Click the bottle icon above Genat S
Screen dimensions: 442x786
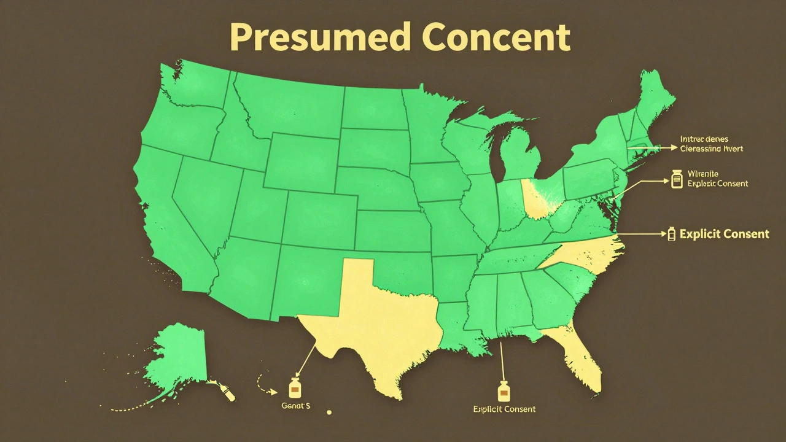[295, 388]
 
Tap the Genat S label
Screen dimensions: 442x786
[295, 406]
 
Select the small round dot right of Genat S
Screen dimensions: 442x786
[329, 412]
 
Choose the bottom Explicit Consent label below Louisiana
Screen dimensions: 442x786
[504, 409]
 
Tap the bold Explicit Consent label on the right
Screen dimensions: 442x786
[725, 234]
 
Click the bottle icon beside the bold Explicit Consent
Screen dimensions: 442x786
[671, 233]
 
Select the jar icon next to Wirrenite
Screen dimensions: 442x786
[677, 179]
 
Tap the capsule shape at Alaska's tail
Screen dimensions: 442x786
[229, 394]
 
